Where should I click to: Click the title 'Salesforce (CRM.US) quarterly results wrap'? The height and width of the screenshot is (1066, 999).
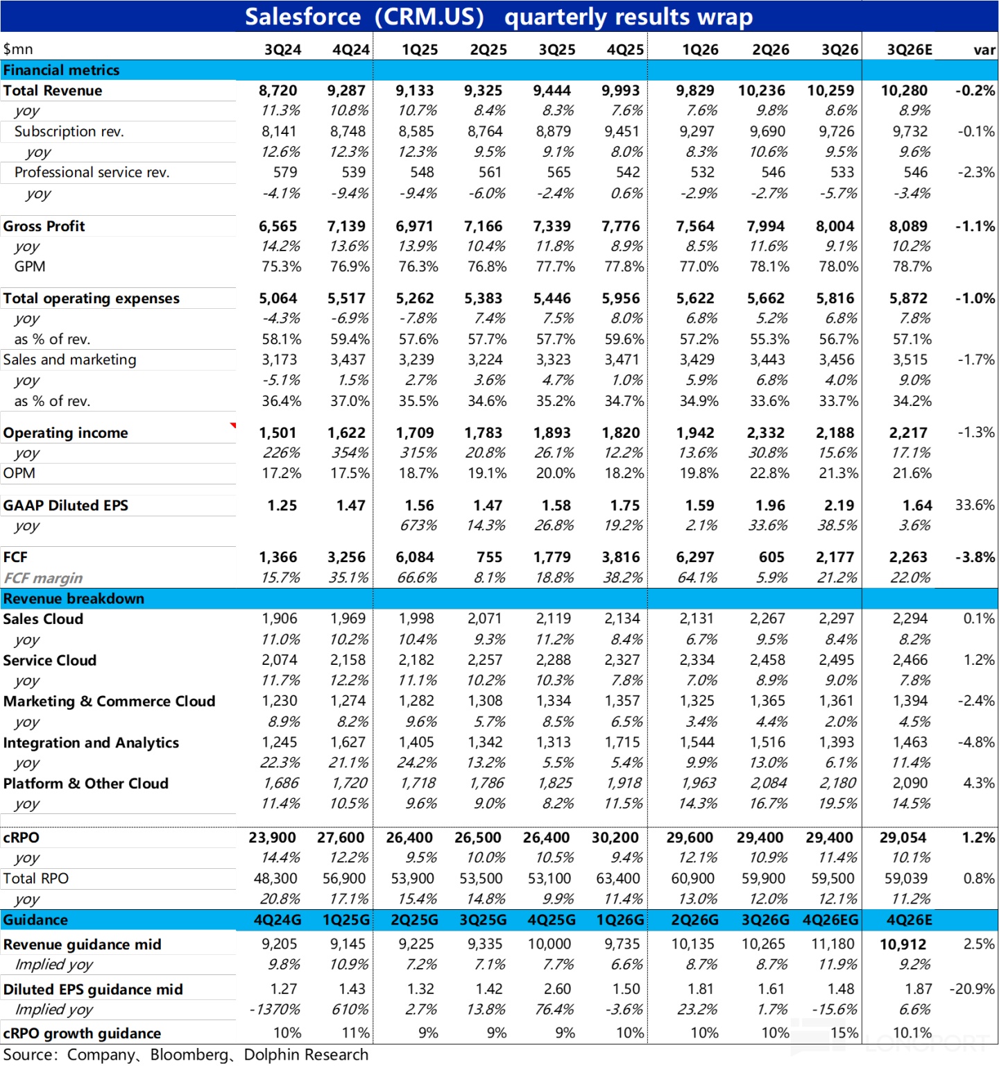[499, 17]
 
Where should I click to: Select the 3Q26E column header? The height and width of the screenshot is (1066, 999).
[910, 50]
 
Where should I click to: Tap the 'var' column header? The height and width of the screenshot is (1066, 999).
[984, 50]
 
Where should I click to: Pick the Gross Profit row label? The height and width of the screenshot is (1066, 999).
[44, 226]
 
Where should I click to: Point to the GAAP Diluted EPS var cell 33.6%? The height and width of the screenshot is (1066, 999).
[975, 505]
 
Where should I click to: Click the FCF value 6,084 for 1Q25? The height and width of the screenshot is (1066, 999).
[415, 557]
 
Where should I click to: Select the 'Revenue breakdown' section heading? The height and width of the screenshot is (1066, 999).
[74, 598]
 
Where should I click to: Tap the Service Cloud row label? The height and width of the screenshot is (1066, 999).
[49, 660]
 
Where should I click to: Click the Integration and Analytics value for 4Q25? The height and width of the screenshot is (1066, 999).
[622, 743]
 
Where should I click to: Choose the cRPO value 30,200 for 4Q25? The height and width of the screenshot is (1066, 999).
[615, 838]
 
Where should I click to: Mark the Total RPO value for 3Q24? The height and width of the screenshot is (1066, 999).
[275, 879]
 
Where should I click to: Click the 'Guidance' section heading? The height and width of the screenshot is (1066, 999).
[35, 920]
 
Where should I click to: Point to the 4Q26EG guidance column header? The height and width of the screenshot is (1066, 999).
[830, 920]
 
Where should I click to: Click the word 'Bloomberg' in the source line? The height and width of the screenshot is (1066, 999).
[189, 1055]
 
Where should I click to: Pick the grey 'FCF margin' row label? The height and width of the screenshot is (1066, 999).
[43, 578]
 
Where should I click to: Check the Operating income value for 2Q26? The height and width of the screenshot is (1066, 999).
[765, 433]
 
